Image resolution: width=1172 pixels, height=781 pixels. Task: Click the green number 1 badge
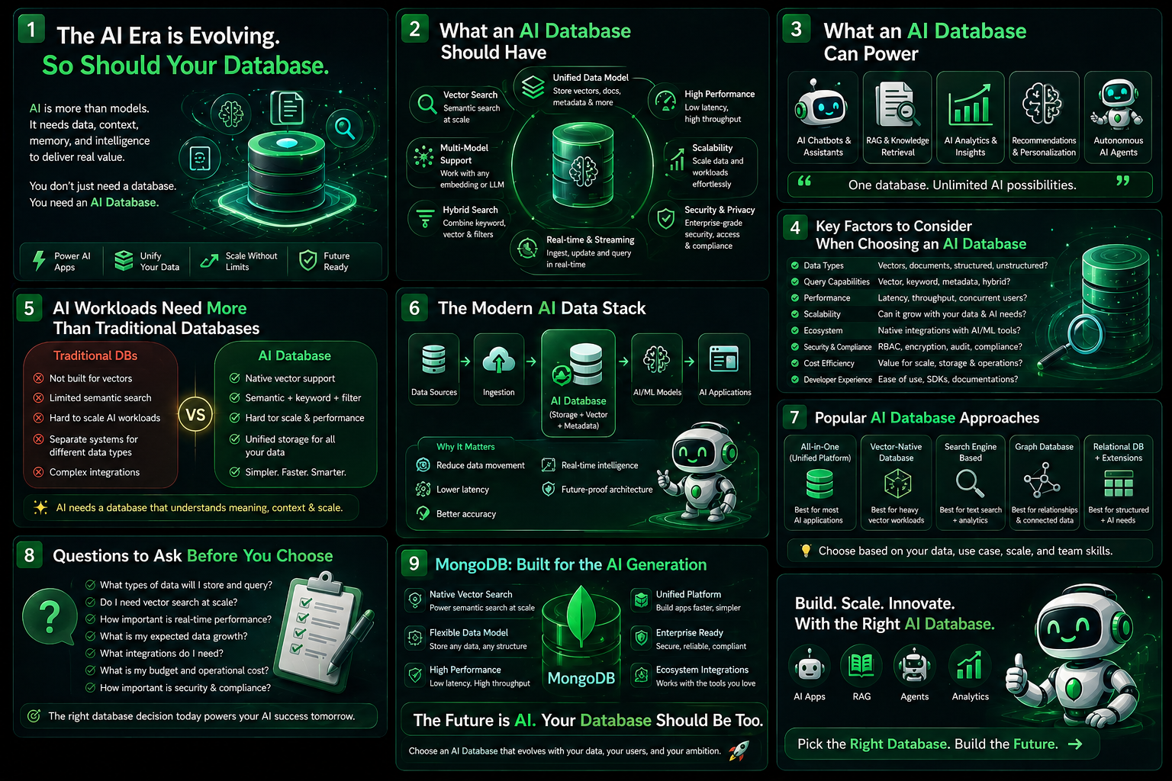coord(31,30)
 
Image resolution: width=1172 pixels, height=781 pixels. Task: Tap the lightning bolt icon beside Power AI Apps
coord(39,261)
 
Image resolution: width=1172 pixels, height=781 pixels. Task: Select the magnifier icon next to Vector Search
coord(424,104)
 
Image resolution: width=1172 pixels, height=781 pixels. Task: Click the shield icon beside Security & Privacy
coord(666,219)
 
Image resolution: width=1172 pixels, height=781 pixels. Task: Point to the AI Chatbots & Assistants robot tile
coord(822,117)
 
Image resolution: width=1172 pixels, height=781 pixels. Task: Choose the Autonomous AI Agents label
coord(1118,146)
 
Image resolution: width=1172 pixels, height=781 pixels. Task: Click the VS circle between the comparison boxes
coord(195,415)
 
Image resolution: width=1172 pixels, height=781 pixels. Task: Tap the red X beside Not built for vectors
coord(38,378)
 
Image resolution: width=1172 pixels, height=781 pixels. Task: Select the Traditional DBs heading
coord(95,355)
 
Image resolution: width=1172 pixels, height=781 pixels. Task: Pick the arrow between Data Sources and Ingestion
coord(465,362)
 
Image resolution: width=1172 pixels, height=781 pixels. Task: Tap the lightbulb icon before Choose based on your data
coord(805,551)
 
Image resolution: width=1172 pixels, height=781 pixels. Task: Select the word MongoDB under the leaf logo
coord(581,679)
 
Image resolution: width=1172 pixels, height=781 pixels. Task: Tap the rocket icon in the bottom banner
coord(739,750)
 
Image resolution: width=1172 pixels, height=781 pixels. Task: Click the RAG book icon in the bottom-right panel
coord(861,666)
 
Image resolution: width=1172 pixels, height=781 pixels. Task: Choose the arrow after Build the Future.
coord(1075,744)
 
